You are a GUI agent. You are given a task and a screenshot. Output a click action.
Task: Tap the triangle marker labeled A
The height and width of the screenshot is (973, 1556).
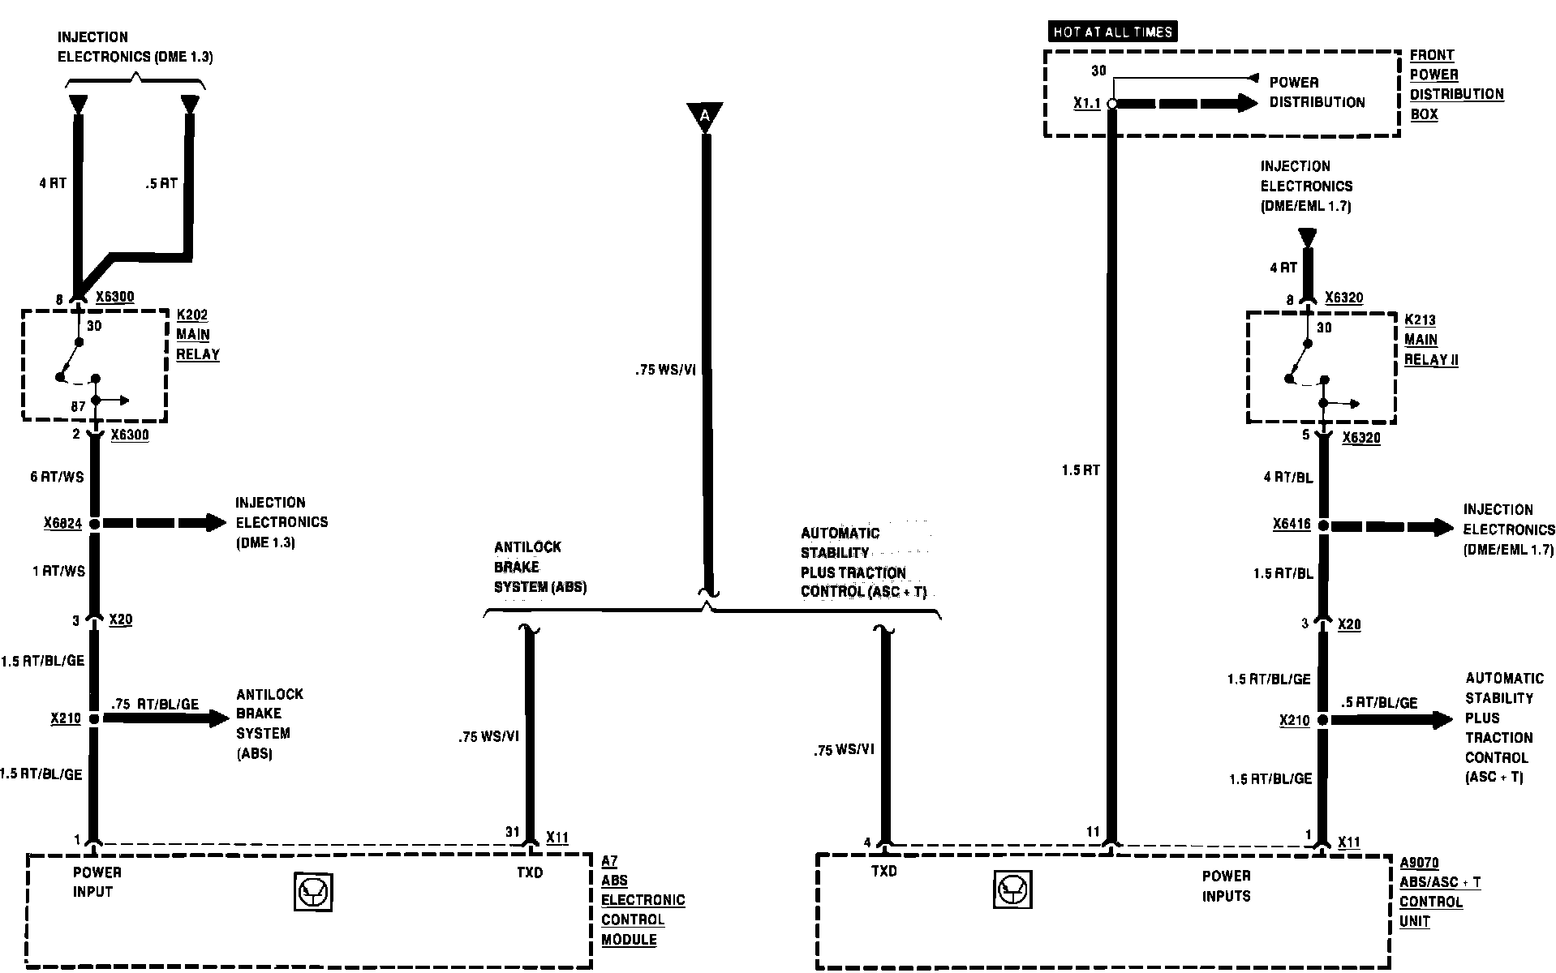(704, 116)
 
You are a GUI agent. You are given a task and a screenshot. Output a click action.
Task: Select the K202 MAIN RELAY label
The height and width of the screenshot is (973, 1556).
(197, 335)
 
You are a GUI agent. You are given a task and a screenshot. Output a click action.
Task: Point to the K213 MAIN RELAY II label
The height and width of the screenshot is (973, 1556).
(1430, 340)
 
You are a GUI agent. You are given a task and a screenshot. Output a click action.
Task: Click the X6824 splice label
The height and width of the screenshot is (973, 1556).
(62, 524)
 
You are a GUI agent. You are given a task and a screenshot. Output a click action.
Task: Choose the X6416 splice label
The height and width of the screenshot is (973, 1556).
(1292, 525)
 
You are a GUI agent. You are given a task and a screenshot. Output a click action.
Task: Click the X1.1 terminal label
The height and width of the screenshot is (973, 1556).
(1087, 104)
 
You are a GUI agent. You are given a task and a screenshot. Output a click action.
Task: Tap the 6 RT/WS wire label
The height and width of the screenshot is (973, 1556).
(57, 477)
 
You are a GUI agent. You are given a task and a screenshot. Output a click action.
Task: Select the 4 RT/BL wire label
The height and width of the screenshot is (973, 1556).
(1287, 478)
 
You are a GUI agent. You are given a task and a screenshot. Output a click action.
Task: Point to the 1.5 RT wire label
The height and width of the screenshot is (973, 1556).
(1080, 470)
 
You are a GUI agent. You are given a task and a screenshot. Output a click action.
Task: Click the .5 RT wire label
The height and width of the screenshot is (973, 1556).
(161, 183)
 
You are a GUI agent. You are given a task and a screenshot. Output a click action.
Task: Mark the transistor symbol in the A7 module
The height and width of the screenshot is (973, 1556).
(313, 894)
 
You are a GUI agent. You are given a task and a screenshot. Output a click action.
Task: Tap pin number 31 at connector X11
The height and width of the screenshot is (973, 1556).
(512, 832)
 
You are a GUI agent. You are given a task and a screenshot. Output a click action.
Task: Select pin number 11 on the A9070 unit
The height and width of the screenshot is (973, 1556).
(1093, 832)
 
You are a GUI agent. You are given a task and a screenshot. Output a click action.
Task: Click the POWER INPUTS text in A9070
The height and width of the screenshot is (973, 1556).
(1226, 885)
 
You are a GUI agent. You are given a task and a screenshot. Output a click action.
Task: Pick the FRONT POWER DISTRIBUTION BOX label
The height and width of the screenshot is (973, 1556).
(1455, 85)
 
